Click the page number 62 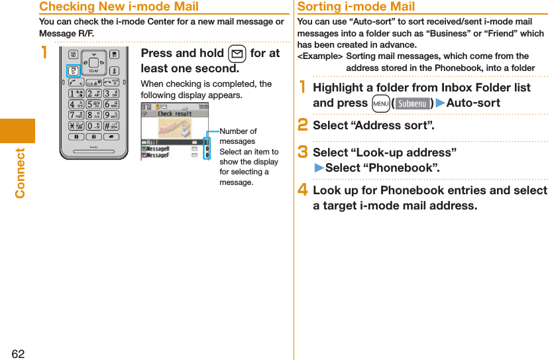click(x=18, y=353)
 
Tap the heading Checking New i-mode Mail click(x=119, y=7)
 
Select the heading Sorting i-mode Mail click(x=356, y=7)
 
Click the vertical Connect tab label click(x=20, y=173)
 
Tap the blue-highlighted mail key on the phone click(x=74, y=71)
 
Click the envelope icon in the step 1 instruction click(x=237, y=53)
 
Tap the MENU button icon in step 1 click(x=380, y=103)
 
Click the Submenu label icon click(x=411, y=103)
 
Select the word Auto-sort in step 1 click(x=473, y=103)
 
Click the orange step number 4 click(x=303, y=190)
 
